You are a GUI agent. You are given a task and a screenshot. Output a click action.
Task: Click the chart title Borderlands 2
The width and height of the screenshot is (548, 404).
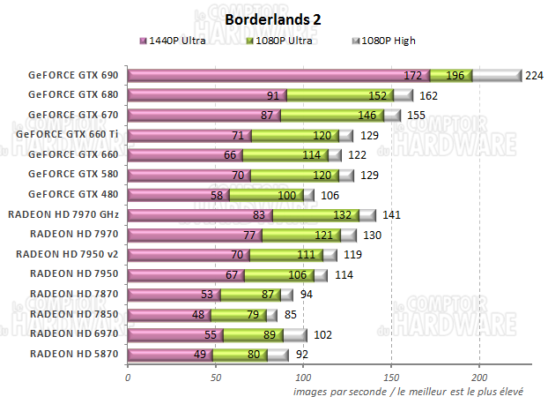tap(273, 19)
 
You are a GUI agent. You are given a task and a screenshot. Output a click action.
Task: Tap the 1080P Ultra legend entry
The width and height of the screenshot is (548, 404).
tap(279, 41)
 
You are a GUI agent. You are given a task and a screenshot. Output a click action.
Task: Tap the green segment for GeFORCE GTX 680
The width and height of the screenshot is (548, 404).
tap(339, 95)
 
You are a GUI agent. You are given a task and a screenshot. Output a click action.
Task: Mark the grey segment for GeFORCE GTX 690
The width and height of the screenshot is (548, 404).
tap(496, 76)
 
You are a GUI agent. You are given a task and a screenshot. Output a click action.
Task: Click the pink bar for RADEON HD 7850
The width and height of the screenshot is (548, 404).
tap(167, 314)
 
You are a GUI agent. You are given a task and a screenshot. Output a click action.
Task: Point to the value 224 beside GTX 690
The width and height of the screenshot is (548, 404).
tap(534, 76)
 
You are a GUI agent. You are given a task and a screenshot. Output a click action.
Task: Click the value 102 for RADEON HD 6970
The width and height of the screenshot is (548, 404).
tap(322, 334)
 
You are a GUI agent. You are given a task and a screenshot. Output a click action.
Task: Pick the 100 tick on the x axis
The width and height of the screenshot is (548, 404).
tap(303, 377)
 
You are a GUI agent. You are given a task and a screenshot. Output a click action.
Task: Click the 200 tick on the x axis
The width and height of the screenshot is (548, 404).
tap(478, 377)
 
